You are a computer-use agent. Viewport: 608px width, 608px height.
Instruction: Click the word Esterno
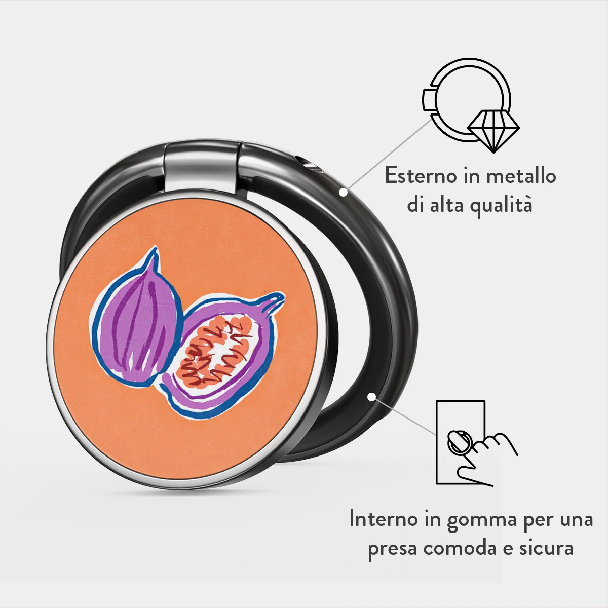(x=421, y=176)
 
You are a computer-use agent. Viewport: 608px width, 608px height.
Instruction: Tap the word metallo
(x=521, y=175)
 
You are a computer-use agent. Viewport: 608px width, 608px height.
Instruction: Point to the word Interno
(x=383, y=519)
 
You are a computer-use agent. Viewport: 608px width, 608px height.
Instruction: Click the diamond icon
(x=493, y=131)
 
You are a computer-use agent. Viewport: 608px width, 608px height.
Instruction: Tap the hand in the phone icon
(x=484, y=461)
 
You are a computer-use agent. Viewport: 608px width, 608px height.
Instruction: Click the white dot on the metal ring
(x=344, y=192)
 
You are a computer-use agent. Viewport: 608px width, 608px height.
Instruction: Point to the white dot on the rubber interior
(x=372, y=397)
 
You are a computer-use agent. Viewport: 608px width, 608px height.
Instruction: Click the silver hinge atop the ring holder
(x=202, y=167)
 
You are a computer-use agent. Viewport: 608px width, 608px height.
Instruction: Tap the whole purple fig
(x=136, y=319)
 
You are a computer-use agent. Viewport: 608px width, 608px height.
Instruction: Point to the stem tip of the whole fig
(x=154, y=249)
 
